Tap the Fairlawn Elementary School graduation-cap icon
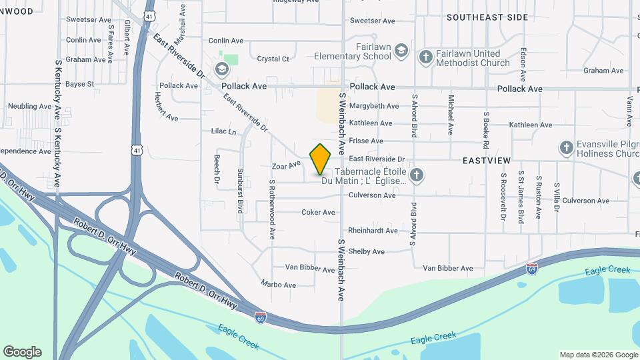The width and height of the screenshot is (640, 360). (x=401, y=51)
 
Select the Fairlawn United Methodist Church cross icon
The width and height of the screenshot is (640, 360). (x=425, y=57)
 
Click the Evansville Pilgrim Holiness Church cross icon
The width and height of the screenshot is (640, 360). (x=566, y=147)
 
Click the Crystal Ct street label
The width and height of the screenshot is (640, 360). (x=273, y=59)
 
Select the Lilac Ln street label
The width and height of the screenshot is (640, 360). (x=223, y=132)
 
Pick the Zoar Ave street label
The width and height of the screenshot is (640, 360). (x=286, y=165)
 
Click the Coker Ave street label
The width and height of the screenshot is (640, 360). (x=318, y=213)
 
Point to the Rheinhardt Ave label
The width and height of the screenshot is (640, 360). (x=373, y=231)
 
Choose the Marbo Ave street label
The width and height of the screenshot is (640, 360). (x=278, y=285)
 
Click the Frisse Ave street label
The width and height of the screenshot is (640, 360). (x=366, y=141)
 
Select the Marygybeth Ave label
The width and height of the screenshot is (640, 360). (x=374, y=106)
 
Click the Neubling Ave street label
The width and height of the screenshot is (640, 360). (x=29, y=106)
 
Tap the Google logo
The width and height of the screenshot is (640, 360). (x=22, y=352)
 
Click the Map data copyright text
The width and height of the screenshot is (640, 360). (x=598, y=355)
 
